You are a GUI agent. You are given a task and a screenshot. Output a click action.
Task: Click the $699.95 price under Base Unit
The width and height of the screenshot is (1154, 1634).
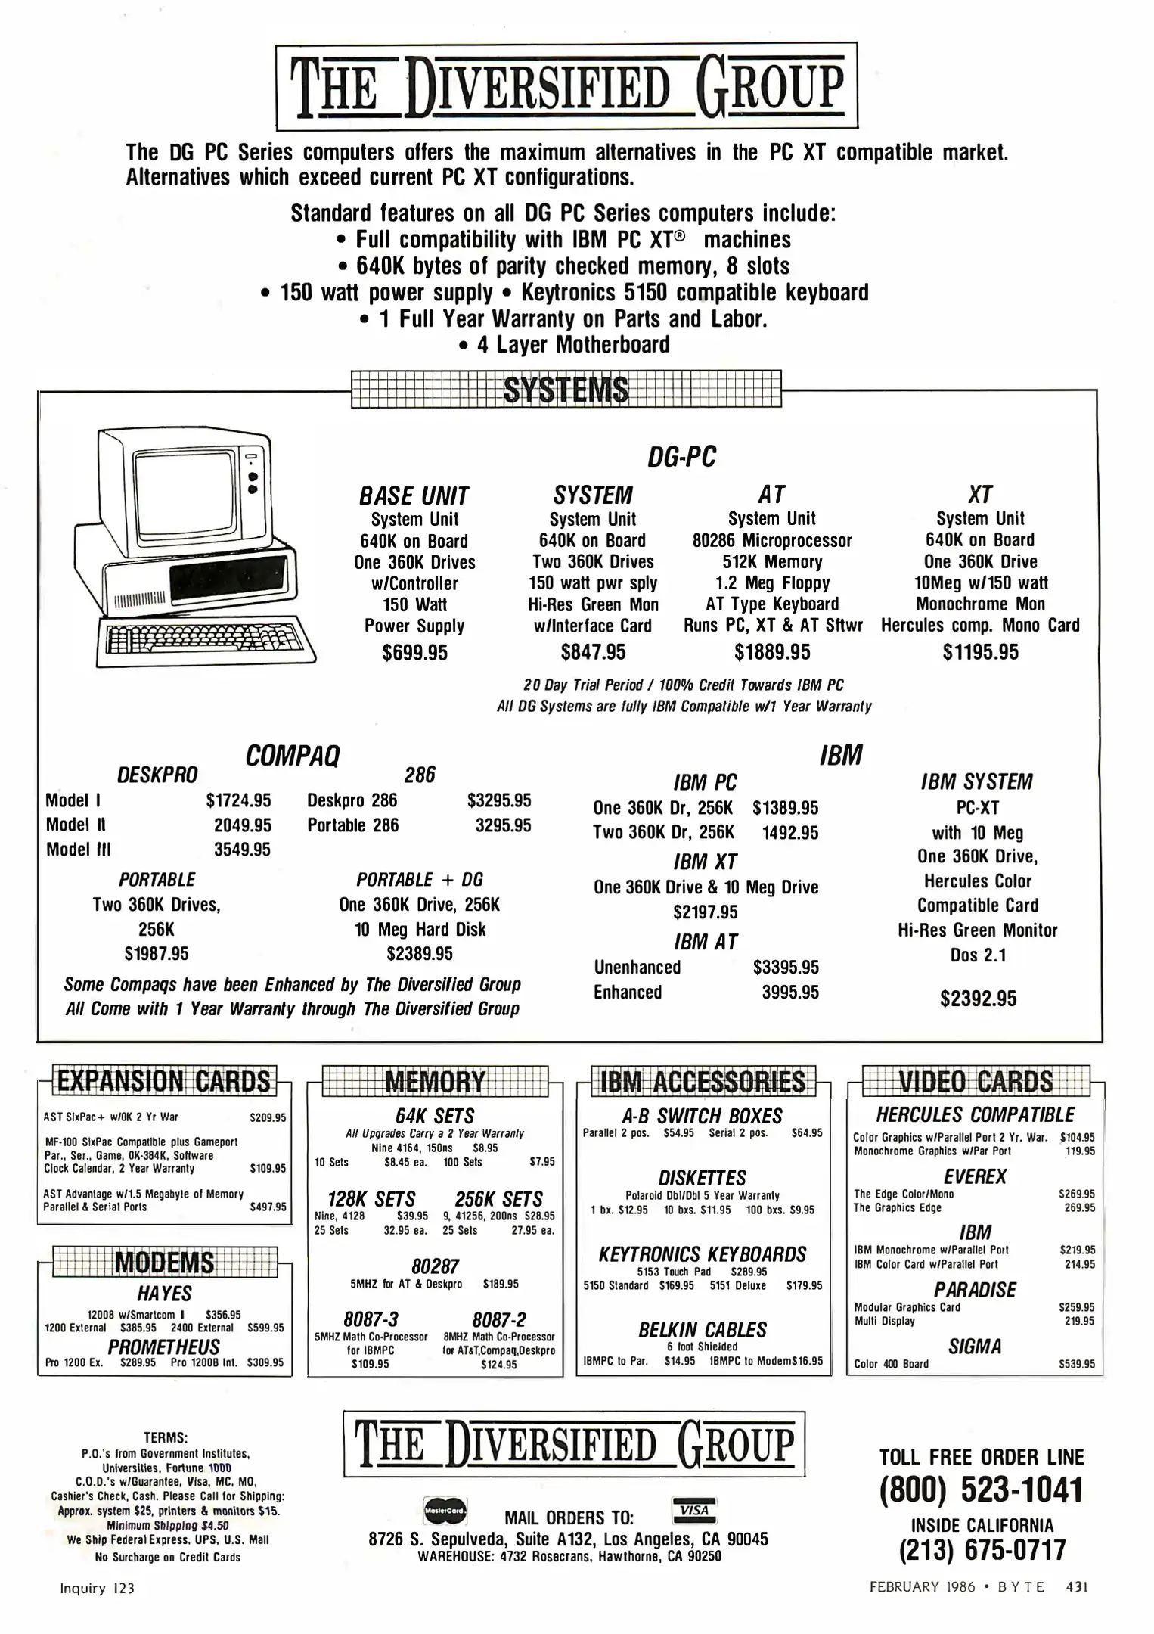[x=414, y=652]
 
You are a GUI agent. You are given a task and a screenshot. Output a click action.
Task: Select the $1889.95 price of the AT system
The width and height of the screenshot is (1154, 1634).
[x=772, y=652]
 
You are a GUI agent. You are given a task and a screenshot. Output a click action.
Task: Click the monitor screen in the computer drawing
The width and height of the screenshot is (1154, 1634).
[x=185, y=490]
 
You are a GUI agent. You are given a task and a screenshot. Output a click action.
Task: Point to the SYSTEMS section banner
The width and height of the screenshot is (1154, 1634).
[x=566, y=390]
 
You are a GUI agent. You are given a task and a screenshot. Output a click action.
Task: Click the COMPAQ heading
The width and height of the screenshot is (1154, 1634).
[x=293, y=755]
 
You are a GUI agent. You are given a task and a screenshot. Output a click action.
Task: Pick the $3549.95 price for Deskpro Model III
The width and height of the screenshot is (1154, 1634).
[x=242, y=850]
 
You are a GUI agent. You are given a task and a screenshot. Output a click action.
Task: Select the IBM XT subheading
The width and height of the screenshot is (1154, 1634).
[x=705, y=862]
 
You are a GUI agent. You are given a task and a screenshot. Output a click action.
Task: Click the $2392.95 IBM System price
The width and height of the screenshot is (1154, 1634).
[x=978, y=999]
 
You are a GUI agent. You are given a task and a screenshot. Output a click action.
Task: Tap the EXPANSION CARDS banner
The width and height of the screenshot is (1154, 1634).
[x=164, y=1081]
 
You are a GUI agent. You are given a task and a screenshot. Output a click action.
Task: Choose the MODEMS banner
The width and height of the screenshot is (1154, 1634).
[x=164, y=1263]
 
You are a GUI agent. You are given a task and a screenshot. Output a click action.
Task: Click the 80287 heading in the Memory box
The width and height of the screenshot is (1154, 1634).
[x=435, y=1266]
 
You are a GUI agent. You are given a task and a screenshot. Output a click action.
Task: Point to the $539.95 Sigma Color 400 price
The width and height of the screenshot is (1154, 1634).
[x=1076, y=1365]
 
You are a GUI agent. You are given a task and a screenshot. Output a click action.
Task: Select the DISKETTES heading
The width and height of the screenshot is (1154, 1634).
[x=702, y=1178]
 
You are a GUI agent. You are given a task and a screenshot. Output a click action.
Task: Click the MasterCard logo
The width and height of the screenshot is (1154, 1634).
[x=445, y=1511]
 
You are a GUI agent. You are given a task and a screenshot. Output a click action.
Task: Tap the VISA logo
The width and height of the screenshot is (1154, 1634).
[x=693, y=1511]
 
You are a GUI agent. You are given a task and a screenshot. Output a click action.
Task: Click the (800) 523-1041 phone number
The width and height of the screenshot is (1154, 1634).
[x=981, y=1490]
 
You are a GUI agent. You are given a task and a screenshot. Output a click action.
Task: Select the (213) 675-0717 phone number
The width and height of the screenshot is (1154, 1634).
[x=982, y=1549]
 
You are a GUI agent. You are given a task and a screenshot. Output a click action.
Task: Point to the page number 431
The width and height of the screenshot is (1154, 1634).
[x=1077, y=1587]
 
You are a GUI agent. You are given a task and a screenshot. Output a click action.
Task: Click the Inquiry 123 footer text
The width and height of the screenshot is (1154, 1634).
[x=97, y=1589]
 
